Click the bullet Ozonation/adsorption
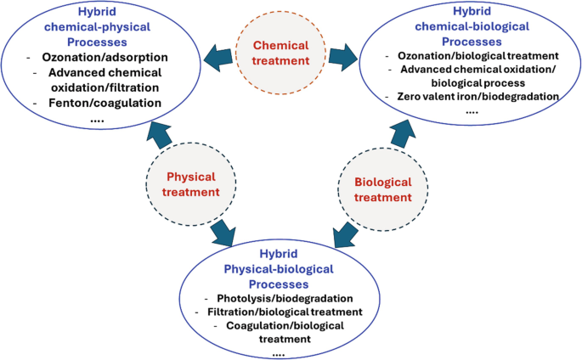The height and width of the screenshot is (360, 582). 105,57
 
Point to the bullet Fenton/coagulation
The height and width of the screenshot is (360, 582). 106,103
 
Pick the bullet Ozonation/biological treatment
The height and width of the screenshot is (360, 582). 468,57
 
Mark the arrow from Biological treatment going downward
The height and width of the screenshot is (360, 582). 345,230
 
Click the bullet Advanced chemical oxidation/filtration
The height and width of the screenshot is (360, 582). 106,80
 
